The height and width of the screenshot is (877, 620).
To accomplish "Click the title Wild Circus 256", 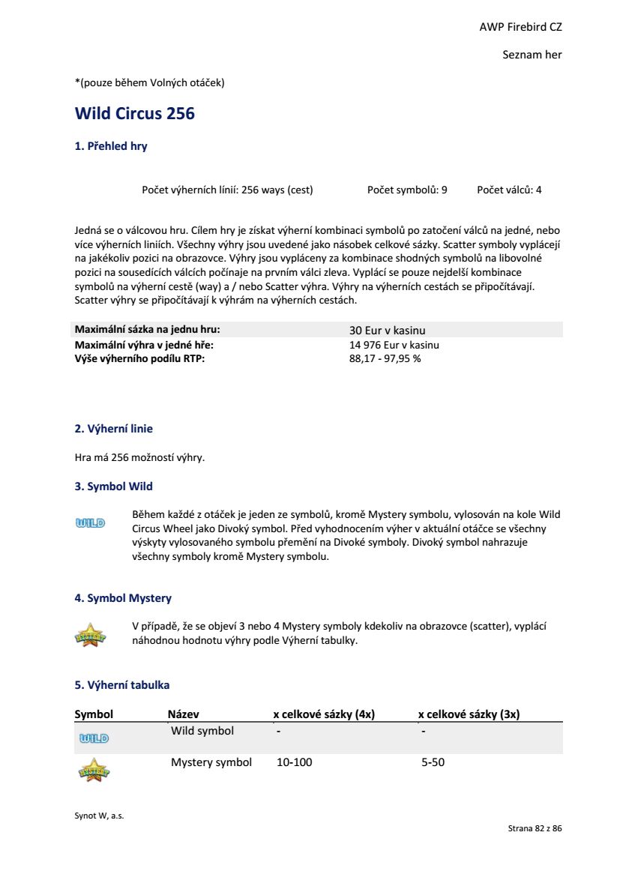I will click(x=135, y=114).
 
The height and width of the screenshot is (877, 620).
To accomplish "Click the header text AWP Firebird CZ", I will click(x=520, y=27).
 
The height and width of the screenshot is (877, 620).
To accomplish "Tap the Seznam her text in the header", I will click(x=532, y=55).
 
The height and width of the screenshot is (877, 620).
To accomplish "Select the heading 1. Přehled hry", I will click(x=111, y=146).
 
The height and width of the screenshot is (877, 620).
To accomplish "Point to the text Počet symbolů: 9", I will click(x=407, y=190).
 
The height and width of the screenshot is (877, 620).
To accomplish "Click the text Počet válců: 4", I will click(x=509, y=190).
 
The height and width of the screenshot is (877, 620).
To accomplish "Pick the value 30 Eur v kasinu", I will click(x=387, y=330).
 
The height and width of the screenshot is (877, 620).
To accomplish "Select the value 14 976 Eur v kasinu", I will click(x=394, y=345).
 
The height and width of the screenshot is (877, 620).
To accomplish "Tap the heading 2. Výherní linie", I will click(x=113, y=429).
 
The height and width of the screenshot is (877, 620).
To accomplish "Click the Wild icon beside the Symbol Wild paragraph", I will click(x=90, y=522).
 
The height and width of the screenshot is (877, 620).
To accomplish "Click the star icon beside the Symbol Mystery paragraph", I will click(x=90, y=635).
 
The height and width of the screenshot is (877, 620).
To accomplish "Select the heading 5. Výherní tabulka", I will click(x=122, y=685).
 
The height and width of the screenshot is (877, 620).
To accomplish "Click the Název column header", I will click(x=183, y=714).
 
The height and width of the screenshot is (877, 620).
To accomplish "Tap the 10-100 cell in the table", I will click(x=295, y=762).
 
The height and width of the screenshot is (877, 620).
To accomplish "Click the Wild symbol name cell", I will click(x=202, y=731).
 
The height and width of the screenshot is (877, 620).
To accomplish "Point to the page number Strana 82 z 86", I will click(x=535, y=828).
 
